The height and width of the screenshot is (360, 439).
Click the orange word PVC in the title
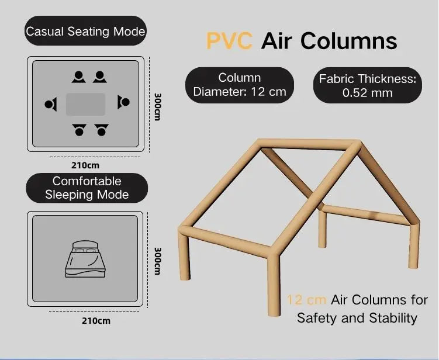click(x=229, y=41)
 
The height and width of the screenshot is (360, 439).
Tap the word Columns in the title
click(x=349, y=41)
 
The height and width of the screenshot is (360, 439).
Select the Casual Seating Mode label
click(x=85, y=31)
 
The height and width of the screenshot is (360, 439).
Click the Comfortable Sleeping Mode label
click(x=87, y=188)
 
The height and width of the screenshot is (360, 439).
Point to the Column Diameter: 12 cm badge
click(x=240, y=85)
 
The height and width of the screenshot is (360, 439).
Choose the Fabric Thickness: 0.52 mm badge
click(x=368, y=85)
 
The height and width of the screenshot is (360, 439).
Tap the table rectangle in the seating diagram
click(x=86, y=104)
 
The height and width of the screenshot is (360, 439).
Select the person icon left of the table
click(x=51, y=104)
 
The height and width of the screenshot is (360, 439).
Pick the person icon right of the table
click(x=123, y=102)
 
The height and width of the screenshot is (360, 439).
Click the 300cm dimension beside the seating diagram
click(x=158, y=107)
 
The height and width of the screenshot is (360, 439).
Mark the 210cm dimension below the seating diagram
click(x=85, y=165)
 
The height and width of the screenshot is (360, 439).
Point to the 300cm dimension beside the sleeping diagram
click(x=158, y=261)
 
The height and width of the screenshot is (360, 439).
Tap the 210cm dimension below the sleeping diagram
click(x=96, y=321)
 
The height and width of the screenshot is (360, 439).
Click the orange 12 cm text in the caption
click(x=306, y=300)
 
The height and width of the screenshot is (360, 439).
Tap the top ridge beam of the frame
click(x=308, y=144)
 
